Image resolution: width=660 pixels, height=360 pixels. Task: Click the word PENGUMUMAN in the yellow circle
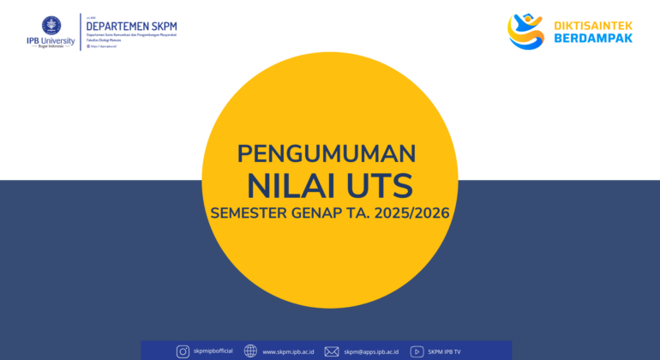[327, 153]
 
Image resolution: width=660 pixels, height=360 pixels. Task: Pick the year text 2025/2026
[415, 213]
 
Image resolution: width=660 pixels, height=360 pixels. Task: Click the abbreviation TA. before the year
[363, 213]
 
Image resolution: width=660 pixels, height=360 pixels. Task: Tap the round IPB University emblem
[51, 24]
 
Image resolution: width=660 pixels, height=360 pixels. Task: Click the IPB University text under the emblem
[51, 40]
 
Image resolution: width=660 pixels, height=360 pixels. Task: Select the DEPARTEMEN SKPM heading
[131, 26]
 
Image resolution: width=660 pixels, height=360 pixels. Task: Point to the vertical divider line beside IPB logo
[81, 32]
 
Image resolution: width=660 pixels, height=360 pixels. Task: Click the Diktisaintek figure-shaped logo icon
[525, 31]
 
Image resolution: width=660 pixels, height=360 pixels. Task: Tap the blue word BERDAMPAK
[591, 39]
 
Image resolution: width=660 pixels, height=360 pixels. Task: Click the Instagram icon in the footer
[183, 351]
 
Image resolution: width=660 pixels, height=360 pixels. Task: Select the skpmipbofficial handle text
[214, 351]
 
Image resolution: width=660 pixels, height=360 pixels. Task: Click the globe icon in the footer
[250, 351]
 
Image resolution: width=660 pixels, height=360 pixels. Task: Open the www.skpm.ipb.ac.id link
[288, 351]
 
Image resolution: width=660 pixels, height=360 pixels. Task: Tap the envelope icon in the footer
[332, 351]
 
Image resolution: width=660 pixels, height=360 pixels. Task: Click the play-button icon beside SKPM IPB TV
[417, 351]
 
